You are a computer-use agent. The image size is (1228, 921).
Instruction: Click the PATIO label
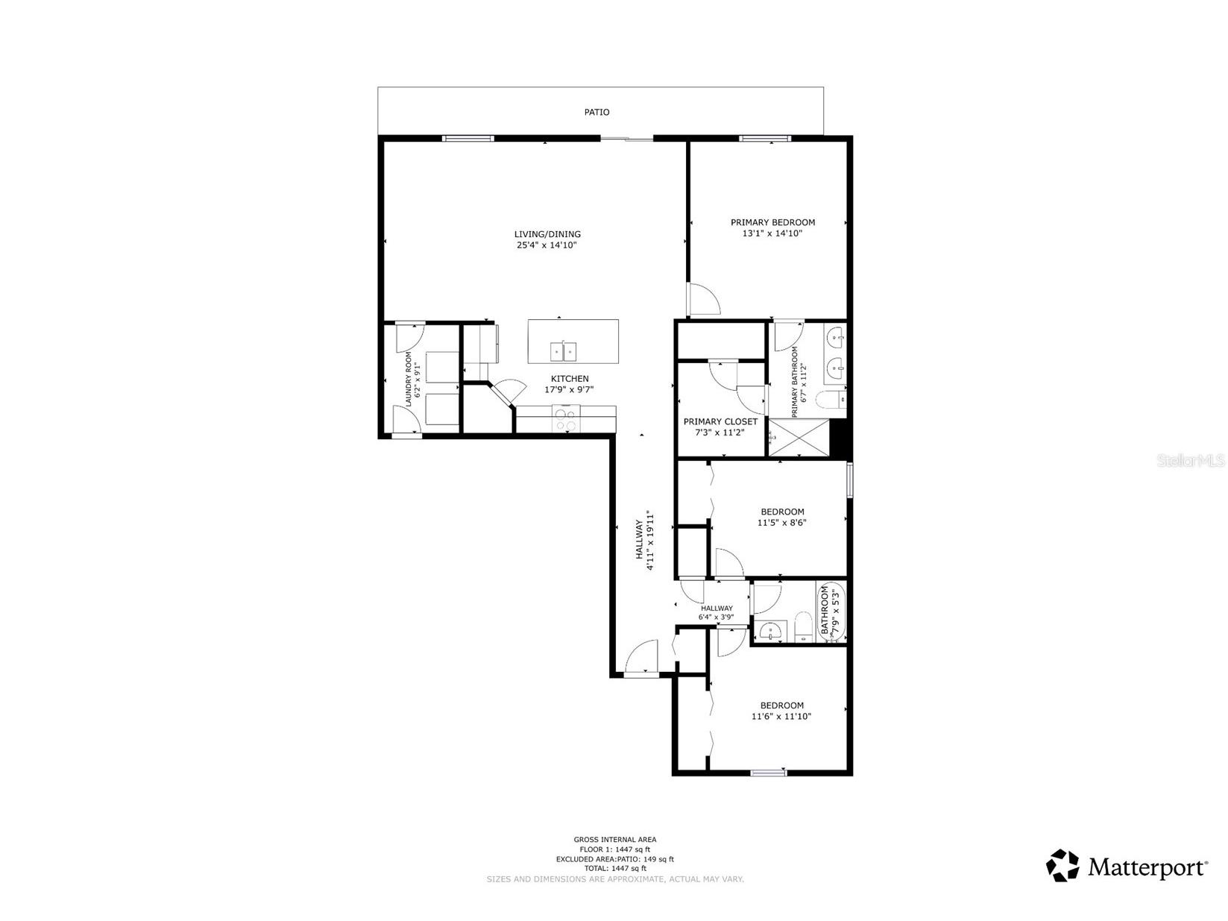click(596, 112)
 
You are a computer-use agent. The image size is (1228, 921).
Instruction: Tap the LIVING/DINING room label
click(547, 234)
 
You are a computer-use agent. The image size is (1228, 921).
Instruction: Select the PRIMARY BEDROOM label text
click(772, 222)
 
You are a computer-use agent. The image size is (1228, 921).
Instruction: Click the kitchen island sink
click(563, 351)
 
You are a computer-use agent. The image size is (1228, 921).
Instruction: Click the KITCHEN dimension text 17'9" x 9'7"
click(569, 389)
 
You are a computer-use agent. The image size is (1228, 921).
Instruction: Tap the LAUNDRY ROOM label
click(409, 379)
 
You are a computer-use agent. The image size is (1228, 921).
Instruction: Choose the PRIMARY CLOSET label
click(720, 421)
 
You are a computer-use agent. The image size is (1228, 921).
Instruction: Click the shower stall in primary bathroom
click(799, 438)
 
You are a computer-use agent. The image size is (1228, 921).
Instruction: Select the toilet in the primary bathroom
click(831, 400)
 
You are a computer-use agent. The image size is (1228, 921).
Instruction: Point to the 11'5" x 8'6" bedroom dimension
click(781, 523)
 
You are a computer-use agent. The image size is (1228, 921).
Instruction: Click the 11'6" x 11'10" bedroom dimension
click(781, 716)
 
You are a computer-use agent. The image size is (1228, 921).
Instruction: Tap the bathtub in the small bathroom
click(831, 612)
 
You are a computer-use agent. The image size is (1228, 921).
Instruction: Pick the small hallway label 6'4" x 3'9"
click(716, 617)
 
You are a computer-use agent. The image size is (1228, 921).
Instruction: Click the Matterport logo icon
click(1062, 866)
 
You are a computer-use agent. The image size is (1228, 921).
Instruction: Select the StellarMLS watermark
click(1191, 461)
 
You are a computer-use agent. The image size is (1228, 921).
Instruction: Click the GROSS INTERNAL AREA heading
click(615, 839)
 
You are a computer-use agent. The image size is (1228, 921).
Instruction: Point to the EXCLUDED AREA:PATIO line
click(615, 859)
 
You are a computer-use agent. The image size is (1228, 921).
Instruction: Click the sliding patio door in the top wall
click(626, 138)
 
